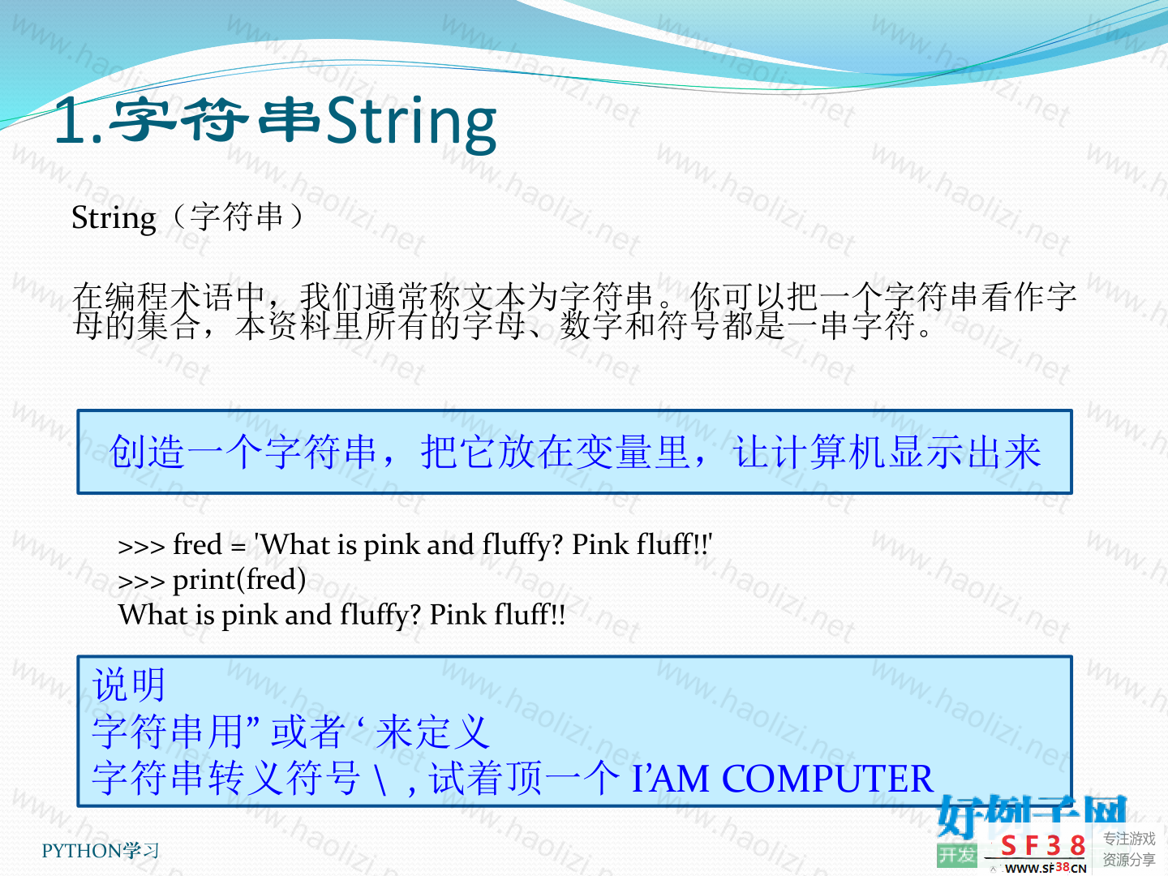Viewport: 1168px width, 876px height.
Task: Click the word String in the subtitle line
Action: (114, 219)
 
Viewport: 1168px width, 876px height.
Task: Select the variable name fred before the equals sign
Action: (197, 544)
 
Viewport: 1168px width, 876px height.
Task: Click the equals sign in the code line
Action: (238, 547)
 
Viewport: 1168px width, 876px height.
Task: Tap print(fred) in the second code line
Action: (239, 580)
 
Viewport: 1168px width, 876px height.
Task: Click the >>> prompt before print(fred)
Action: (141, 582)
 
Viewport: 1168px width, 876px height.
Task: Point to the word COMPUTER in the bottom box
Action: (827, 779)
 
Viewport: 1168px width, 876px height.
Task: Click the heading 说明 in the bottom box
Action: (128, 685)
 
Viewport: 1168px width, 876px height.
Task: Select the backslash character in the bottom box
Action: (380, 779)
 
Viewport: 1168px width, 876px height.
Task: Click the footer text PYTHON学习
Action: (100, 851)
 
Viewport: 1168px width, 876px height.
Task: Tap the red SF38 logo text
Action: (1043, 846)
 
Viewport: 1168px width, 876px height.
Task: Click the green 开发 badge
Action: (957, 855)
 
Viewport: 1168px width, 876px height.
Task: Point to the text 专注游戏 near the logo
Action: (1128, 839)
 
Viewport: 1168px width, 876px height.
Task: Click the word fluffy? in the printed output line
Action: (380, 616)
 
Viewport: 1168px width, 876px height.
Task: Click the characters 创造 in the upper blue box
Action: (148, 452)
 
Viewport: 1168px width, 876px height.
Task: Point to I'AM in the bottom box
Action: (670, 779)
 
